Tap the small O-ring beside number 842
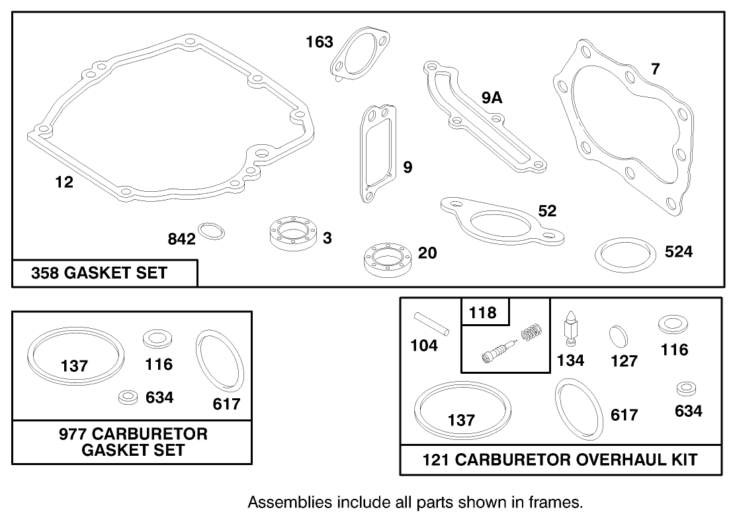(212, 232)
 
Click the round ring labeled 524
(621, 254)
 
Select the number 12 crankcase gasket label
(64, 183)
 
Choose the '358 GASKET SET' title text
(99, 273)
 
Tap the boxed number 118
(483, 312)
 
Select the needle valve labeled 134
(570, 329)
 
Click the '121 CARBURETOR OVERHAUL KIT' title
(560, 459)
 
